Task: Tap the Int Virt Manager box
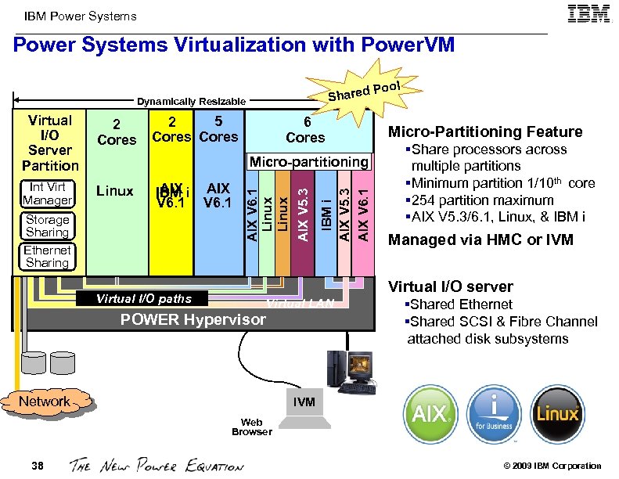pos(47,193)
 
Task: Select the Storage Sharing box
pos(47,225)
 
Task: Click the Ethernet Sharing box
pos(47,256)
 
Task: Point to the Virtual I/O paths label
pos(143,299)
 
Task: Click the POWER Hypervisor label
pos(192,319)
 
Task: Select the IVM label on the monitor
pos(304,402)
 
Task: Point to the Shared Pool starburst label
pos(365,90)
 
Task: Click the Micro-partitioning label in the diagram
pos(308,162)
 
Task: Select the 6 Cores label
pos(305,130)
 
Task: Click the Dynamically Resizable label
pos(192,102)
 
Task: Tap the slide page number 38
pos(38,466)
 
